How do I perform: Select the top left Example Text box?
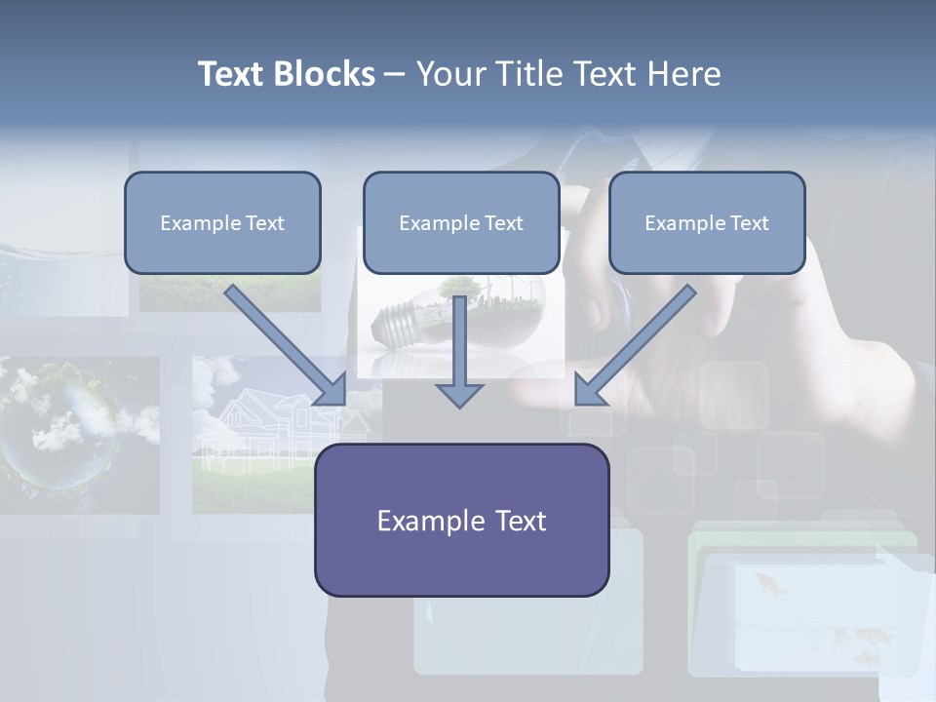222,222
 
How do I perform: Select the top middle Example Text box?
461,222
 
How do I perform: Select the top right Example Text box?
707,222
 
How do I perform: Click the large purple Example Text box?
461,520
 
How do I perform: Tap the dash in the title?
395,74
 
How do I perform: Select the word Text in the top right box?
749,223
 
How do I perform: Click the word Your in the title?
449,74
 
